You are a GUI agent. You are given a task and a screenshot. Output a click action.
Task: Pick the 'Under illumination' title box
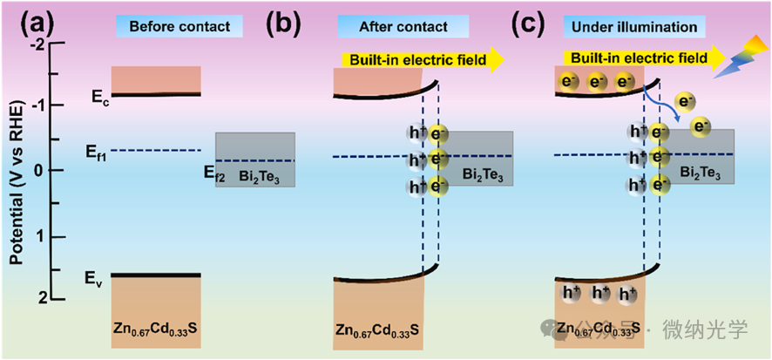647,27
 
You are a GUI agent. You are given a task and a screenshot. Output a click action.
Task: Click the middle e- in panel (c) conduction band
597,83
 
